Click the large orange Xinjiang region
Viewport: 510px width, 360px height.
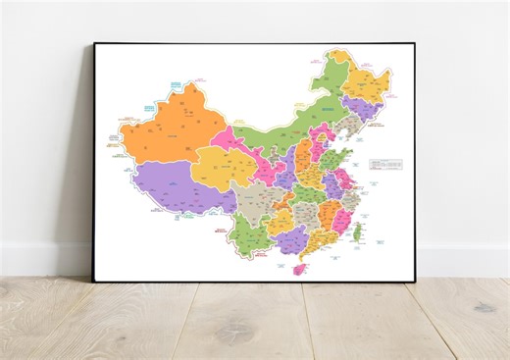167,128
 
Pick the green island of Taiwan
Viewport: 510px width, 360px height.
357,232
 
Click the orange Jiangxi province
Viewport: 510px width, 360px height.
323,214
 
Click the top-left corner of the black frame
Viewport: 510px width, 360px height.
95,44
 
